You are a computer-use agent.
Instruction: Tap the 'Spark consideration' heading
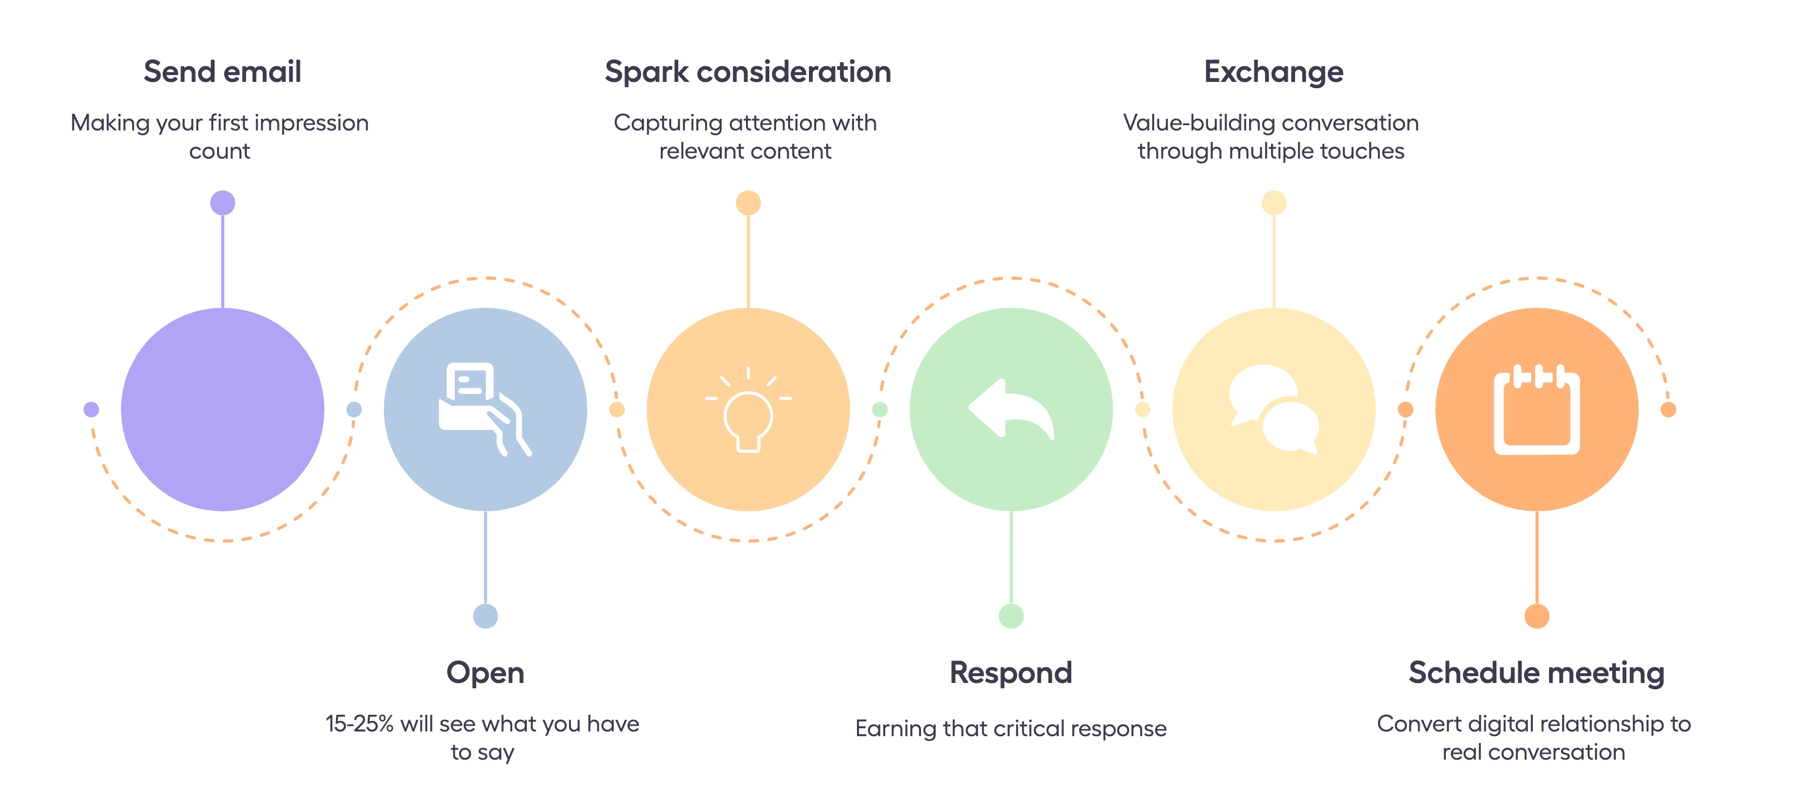coord(748,72)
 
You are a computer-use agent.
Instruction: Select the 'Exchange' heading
coord(1273,72)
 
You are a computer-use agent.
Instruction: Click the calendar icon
coord(1537,410)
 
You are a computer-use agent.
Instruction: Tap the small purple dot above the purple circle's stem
coord(223,203)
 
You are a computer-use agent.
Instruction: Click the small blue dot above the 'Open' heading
coord(485,616)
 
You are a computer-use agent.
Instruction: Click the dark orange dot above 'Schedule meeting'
coord(1537,616)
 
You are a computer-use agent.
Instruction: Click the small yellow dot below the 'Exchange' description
coord(1273,203)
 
